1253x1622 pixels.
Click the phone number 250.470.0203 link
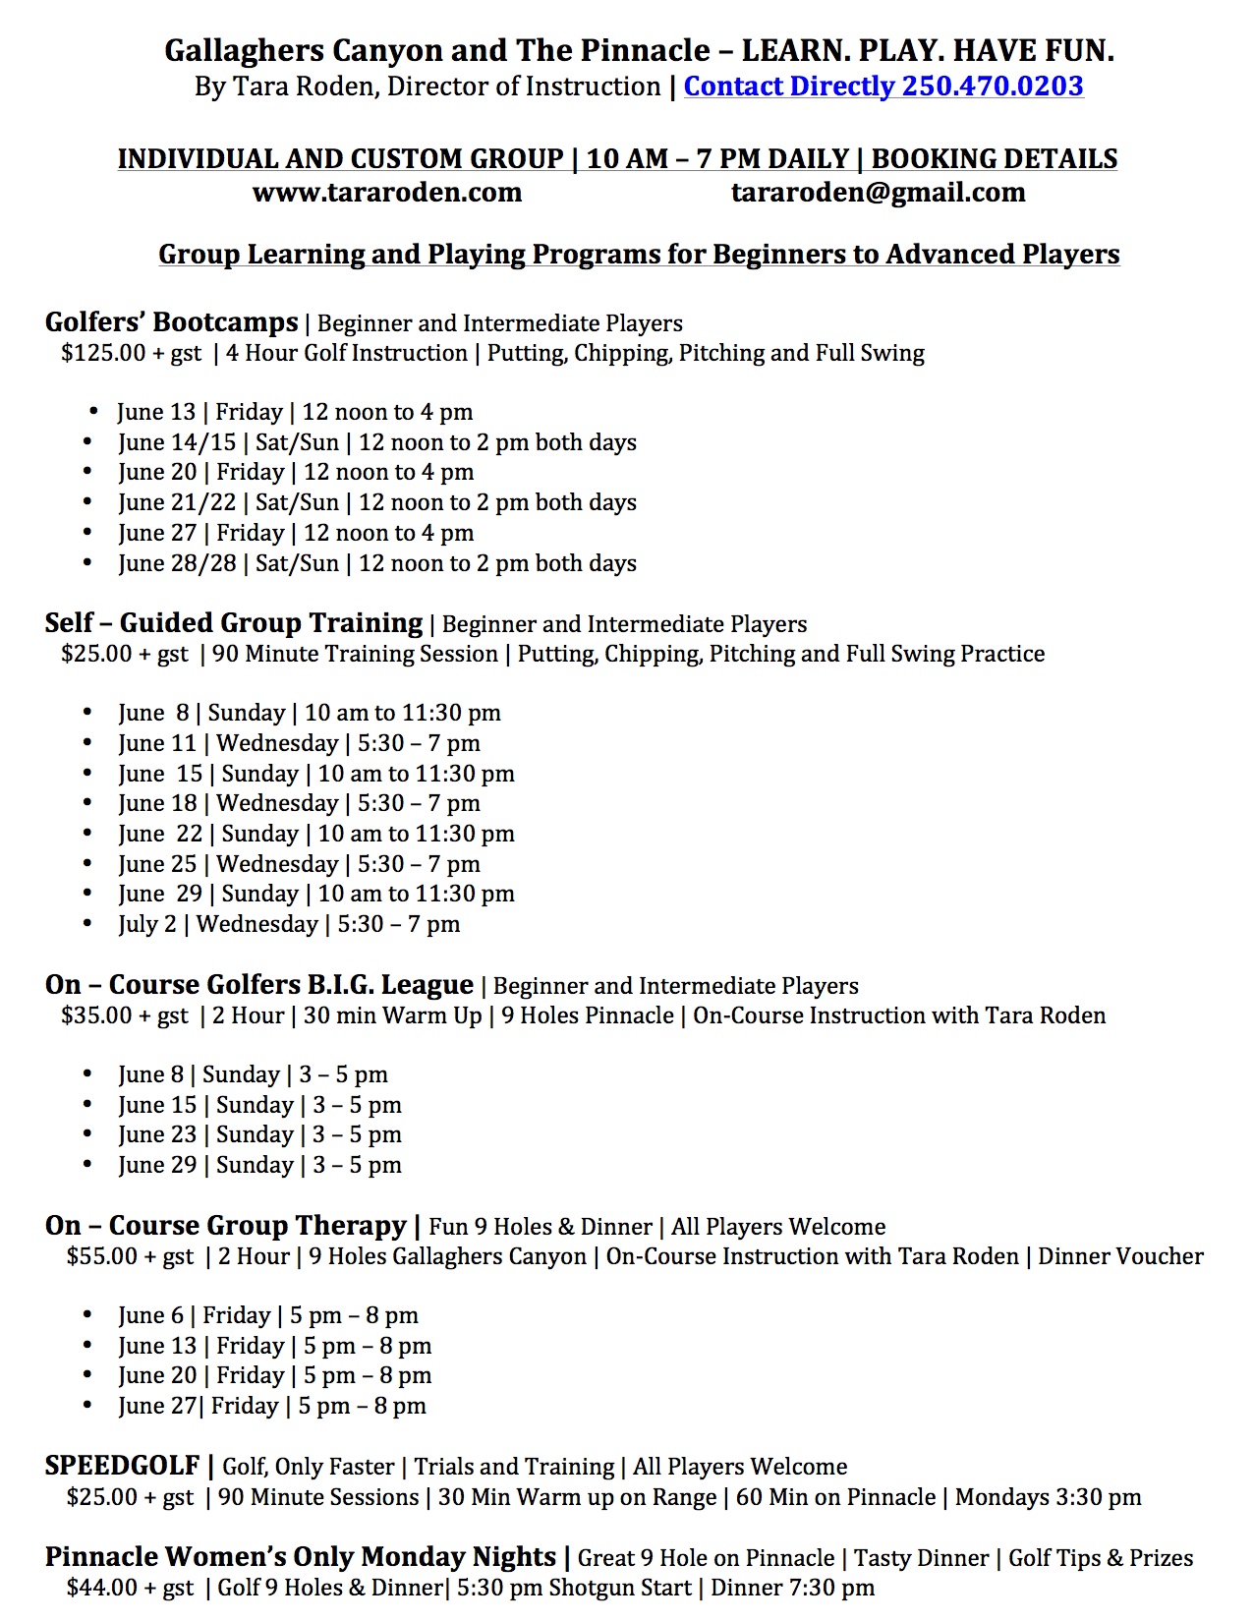(993, 87)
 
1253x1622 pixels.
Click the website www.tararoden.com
(387, 192)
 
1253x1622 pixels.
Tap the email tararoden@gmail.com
(878, 192)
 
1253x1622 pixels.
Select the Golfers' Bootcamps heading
(171, 321)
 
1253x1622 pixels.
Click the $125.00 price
(102, 353)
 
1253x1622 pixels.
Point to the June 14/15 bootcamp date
(177, 442)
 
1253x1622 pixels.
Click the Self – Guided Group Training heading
(233, 622)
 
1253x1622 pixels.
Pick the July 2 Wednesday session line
(289, 924)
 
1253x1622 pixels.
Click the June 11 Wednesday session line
(299, 743)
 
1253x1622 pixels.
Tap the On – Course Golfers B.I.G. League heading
(258, 984)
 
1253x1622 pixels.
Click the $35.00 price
(96, 1015)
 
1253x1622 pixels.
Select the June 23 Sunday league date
(259, 1134)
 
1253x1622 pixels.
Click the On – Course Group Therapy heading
(225, 1225)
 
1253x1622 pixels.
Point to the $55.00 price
(102, 1256)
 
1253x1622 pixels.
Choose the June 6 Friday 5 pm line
(268, 1315)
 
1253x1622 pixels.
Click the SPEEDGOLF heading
(122, 1466)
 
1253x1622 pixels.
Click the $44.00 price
(102, 1588)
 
